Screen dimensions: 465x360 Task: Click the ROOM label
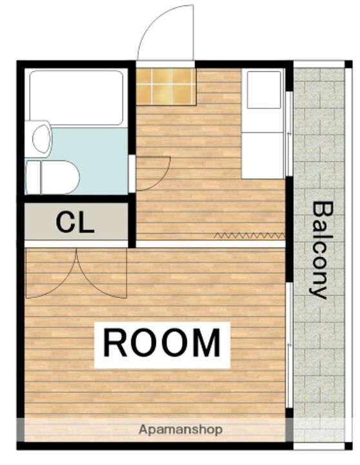click(162, 342)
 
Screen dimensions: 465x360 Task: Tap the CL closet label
click(75, 222)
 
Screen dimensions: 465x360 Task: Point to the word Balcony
click(320, 250)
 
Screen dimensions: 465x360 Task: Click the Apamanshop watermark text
click(181, 429)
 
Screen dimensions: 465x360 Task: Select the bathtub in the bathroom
click(76, 96)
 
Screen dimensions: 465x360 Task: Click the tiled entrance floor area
click(166, 85)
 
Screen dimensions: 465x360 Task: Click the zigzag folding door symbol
click(249, 235)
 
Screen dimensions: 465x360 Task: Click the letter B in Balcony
click(321, 211)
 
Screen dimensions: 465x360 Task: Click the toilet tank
click(33, 177)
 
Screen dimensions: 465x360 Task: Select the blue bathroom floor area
click(97, 155)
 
